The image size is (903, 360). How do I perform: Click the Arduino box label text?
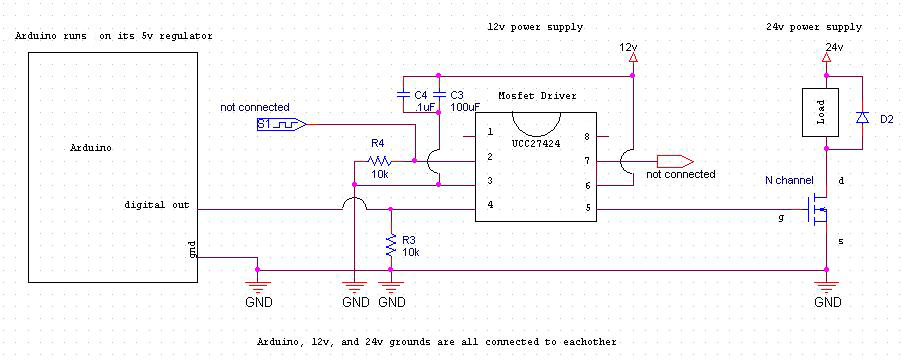coord(91,147)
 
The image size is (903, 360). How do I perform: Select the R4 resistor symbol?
coord(378,159)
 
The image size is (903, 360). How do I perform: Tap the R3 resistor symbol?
coord(389,245)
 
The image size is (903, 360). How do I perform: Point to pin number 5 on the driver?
coord(588,207)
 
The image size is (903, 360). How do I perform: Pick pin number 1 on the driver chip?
coord(490,132)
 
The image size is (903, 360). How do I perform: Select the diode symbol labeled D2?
coord(861,118)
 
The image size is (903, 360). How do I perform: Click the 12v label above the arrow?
coord(628,47)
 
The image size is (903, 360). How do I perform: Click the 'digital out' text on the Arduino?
coord(158,205)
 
